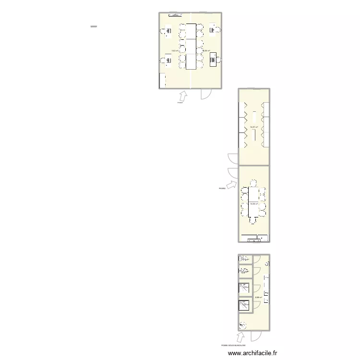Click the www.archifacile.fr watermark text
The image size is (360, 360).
(252, 353)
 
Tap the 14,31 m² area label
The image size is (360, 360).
(253, 127)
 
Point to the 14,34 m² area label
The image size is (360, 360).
(253, 204)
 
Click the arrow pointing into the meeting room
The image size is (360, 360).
(231, 185)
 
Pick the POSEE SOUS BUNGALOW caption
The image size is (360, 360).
(233, 345)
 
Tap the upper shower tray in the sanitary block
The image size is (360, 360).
(244, 288)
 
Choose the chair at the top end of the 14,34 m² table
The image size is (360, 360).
(253, 183)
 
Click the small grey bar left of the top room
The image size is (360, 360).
(94, 26)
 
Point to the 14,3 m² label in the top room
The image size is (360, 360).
(175, 50)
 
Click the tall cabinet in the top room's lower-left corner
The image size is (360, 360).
(162, 80)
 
